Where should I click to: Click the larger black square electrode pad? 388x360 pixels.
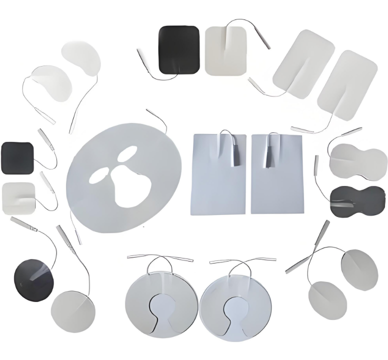click(179, 49)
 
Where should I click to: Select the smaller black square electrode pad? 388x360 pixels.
click(17, 158)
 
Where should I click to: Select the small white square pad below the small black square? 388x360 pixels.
click(18, 198)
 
